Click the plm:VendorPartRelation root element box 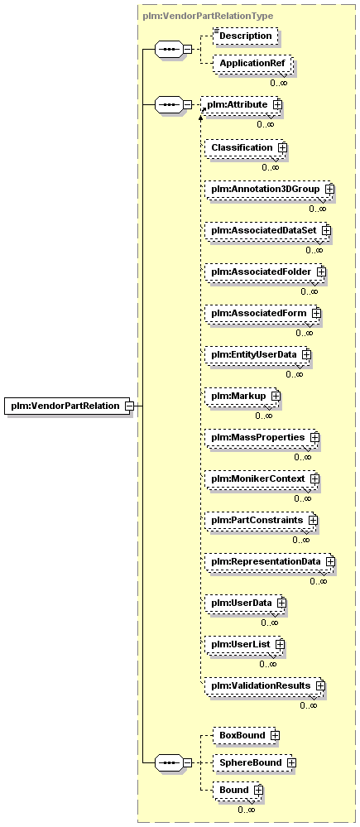(x=67, y=406)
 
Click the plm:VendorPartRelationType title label (x=208, y=17)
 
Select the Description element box (x=245, y=36)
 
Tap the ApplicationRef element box (x=252, y=63)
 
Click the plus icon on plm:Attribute (x=277, y=105)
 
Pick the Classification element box (x=246, y=147)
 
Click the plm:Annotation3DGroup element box (x=269, y=189)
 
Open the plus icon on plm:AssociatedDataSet (x=326, y=230)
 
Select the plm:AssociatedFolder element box (x=265, y=272)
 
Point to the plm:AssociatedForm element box (x=262, y=313)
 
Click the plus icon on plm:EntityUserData (x=305, y=354)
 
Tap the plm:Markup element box (x=242, y=396)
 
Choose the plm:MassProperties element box (x=262, y=437)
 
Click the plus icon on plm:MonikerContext (x=314, y=479)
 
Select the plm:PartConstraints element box (x=262, y=520)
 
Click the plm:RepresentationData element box (x=270, y=561)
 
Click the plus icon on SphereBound (x=291, y=762)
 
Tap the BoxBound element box (x=246, y=735)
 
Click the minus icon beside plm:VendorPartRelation (x=128, y=406)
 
